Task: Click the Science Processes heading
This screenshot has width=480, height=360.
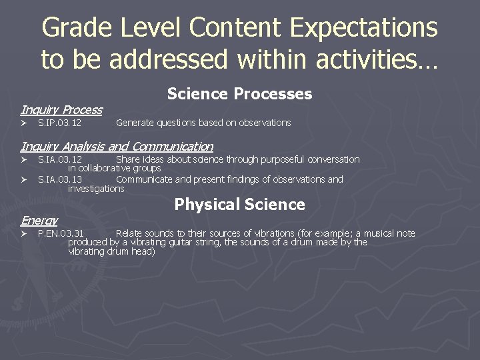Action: click(239, 94)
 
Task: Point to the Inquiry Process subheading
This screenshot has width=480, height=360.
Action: click(61, 110)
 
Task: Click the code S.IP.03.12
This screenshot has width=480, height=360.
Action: click(60, 123)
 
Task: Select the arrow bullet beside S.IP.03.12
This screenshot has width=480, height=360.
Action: click(23, 123)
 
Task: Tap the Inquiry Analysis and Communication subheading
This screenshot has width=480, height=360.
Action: click(117, 146)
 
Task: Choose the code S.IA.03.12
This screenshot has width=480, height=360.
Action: click(60, 159)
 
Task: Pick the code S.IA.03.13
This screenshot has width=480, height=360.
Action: click(60, 179)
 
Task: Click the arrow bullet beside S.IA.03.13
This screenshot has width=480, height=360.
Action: click(23, 179)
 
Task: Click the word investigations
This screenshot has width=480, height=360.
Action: click(96, 189)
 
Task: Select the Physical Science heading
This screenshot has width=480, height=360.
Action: click(239, 205)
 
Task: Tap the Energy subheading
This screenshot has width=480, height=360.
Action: click(39, 220)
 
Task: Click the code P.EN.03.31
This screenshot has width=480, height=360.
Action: click(61, 233)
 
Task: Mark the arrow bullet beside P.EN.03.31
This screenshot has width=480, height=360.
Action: click(23, 233)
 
